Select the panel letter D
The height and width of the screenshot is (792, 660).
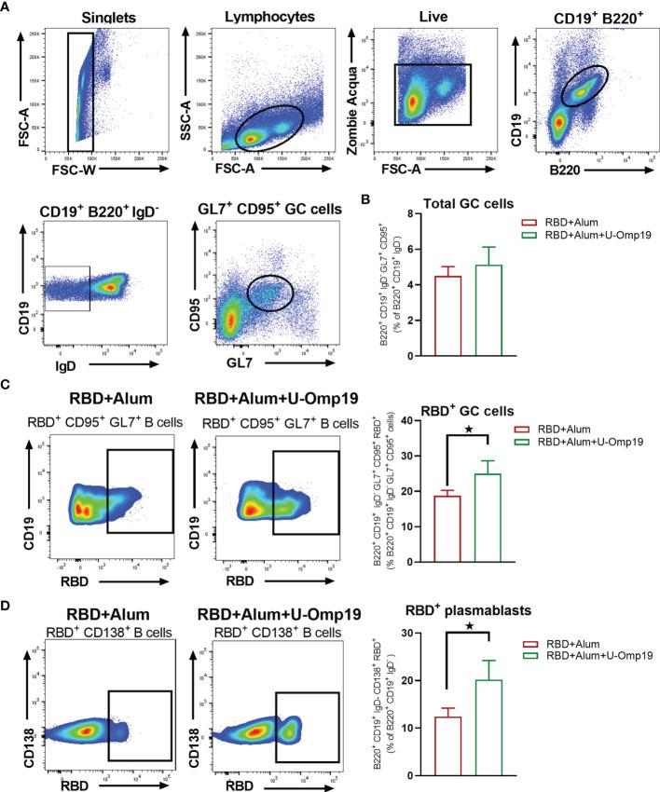tap(7, 586)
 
